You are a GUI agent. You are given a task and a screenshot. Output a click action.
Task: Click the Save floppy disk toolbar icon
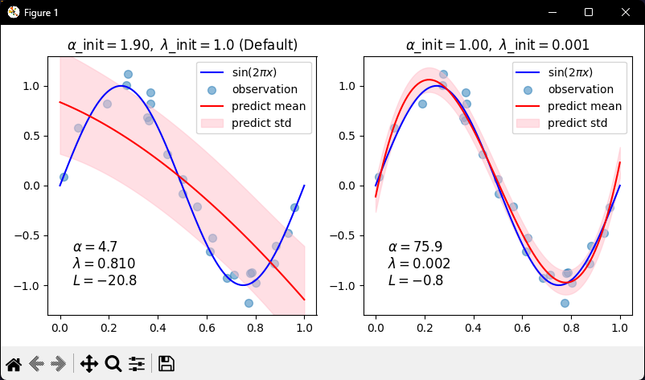tap(166, 363)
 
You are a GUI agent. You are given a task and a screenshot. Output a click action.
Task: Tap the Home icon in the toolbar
tap(14, 363)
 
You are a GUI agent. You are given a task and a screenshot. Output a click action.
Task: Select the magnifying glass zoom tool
tap(113, 363)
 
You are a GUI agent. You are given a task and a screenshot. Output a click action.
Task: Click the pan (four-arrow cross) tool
tap(89, 363)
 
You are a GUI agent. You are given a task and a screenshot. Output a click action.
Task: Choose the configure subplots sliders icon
tap(137, 363)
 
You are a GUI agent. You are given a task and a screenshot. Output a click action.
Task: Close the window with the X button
tap(626, 12)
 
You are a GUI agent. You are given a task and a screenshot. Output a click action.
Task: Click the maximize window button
tap(589, 12)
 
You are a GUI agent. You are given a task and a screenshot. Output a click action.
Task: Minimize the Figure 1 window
tap(552, 12)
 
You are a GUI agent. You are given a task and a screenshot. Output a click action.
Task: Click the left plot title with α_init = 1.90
tap(183, 45)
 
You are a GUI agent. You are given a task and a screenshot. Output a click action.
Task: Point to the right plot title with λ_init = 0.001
tap(497, 45)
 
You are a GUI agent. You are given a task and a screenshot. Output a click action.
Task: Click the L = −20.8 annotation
tap(105, 280)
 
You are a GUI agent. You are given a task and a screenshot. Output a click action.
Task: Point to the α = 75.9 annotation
tap(415, 247)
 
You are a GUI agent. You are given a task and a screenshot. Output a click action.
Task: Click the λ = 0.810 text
tap(104, 264)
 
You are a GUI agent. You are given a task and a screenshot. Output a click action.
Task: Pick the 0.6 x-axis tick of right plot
tap(522, 329)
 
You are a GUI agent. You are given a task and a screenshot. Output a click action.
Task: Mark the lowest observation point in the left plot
tap(249, 303)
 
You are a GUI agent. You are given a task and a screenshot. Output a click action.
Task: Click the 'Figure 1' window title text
tap(39, 13)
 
